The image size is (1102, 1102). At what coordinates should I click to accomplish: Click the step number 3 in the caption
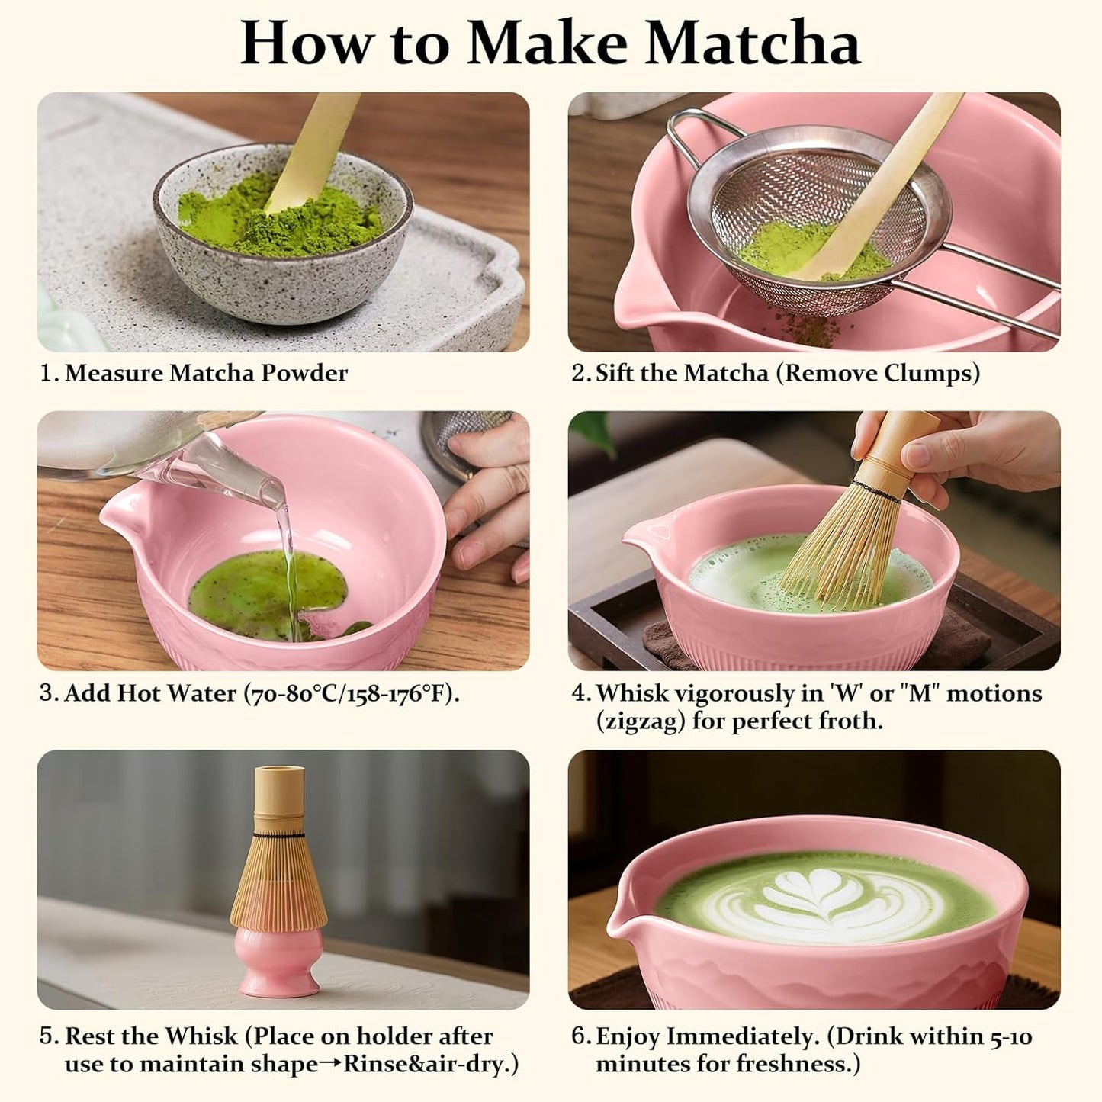pos(48,693)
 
